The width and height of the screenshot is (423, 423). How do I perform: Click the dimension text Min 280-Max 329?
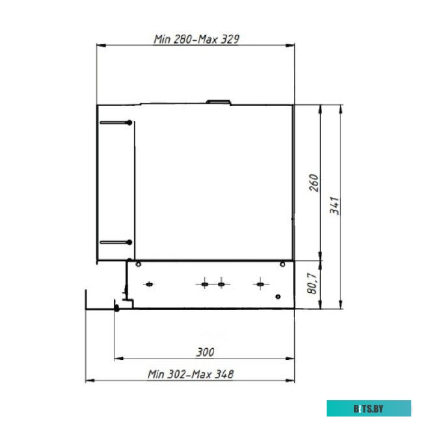(x=196, y=39)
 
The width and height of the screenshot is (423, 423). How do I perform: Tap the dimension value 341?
(x=334, y=206)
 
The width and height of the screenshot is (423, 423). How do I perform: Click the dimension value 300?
(x=205, y=352)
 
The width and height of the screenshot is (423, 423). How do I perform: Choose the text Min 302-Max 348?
(x=191, y=374)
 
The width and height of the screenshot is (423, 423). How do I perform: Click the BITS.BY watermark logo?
(x=369, y=409)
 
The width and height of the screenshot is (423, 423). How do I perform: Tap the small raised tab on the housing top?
(x=218, y=102)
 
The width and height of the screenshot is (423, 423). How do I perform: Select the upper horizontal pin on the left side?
(x=115, y=122)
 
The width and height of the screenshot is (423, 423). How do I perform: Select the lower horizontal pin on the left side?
(x=115, y=242)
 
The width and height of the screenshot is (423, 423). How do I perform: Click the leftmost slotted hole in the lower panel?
(x=149, y=284)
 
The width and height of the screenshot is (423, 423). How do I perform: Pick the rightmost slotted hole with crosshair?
(x=260, y=284)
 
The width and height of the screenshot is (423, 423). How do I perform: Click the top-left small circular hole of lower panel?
(x=138, y=264)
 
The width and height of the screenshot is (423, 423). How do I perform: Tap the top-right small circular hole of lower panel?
(x=282, y=264)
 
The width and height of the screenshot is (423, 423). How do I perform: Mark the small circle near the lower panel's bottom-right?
(x=278, y=297)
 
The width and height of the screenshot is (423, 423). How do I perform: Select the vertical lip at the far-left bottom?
(x=86, y=299)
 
